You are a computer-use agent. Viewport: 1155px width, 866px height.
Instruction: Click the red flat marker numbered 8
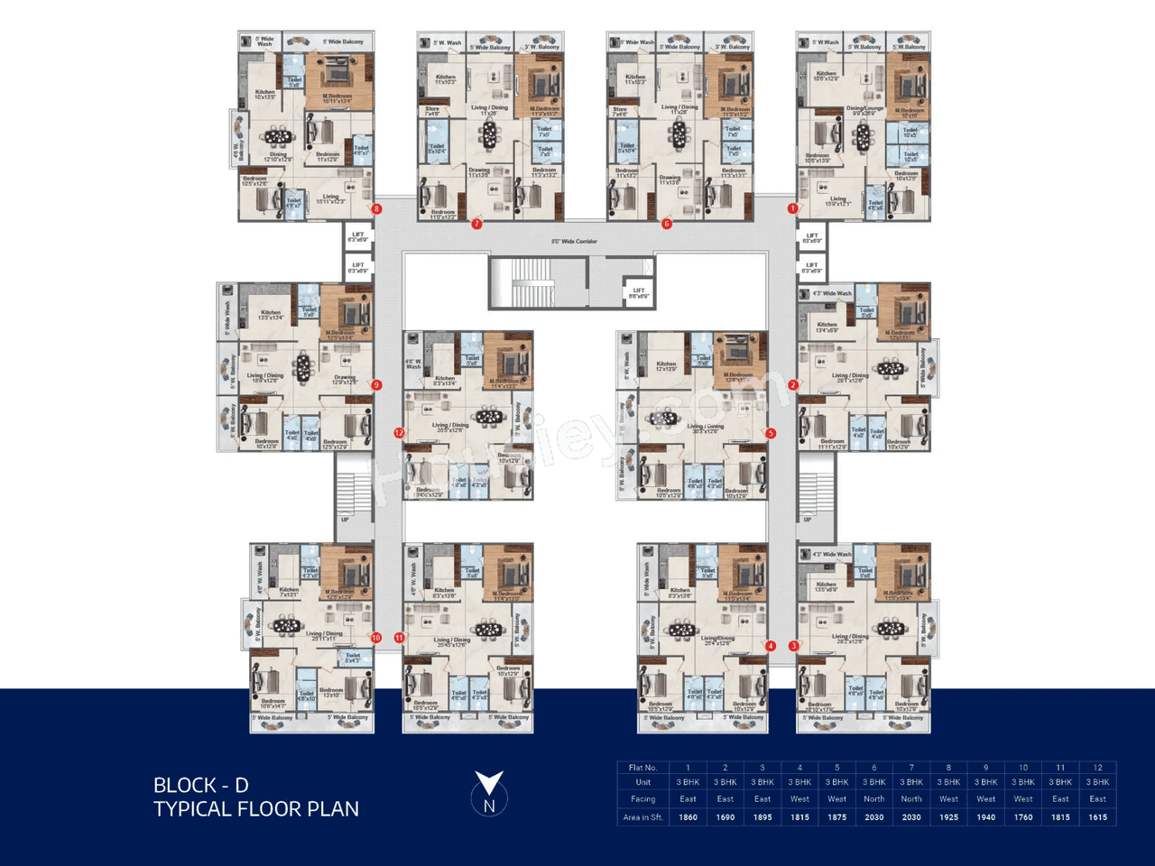click(x=376, y=209)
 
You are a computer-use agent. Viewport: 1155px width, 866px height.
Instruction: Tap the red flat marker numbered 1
click(x=792, y=208)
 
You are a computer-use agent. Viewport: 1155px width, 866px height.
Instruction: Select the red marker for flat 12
click(x=399, y=433)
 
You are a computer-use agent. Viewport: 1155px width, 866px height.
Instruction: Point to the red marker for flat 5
click(x=771, y=433)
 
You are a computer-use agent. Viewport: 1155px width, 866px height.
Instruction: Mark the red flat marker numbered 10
click(x=376, y=638)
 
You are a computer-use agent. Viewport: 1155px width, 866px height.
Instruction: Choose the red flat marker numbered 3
click(x=794, y=646)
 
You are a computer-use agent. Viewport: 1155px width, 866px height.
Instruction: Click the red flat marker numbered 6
click(x=667, y=224)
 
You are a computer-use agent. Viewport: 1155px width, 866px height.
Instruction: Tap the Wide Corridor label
click(x=574, y=242)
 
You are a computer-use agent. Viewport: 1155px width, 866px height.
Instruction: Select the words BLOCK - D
click(x=200, y=786)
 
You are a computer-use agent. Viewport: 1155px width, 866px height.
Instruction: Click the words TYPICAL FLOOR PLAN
click(x=256, y=809)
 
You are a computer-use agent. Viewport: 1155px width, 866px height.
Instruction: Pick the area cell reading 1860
click(x=688, y=817)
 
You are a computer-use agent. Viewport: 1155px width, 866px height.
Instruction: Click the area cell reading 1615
click(x=1097, y=817)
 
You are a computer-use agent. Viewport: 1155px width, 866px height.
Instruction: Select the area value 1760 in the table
click(x=1023, y=817)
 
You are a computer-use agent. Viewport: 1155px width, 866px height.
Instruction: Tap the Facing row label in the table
click(x=642, y=799)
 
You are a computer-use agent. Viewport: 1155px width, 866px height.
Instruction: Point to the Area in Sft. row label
click(x=642, y=817)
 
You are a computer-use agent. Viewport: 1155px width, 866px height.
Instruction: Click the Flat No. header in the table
click(x=642, y=768)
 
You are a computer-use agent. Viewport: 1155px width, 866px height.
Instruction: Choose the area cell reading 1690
click(x=725, y=817)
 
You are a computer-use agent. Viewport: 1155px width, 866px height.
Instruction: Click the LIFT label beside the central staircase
click(x=638, y=292)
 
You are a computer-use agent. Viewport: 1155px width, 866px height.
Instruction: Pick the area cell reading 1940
click(x=985, y=817)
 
